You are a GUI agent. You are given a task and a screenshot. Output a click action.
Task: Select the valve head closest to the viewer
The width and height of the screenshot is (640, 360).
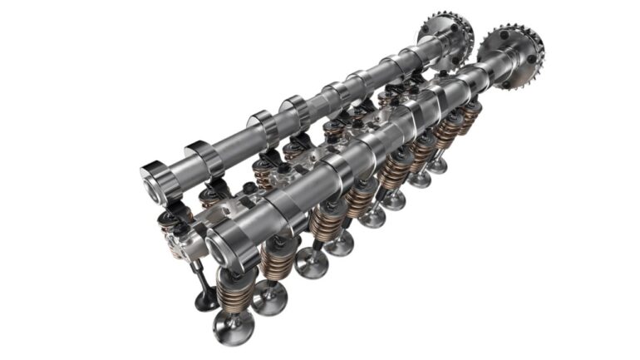click(x=233, y=328)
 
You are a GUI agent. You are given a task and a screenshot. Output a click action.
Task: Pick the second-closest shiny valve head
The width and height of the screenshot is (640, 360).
click(x=269, y=297)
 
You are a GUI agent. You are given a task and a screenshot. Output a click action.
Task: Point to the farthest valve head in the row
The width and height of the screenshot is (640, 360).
click(x=437, y=165)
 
